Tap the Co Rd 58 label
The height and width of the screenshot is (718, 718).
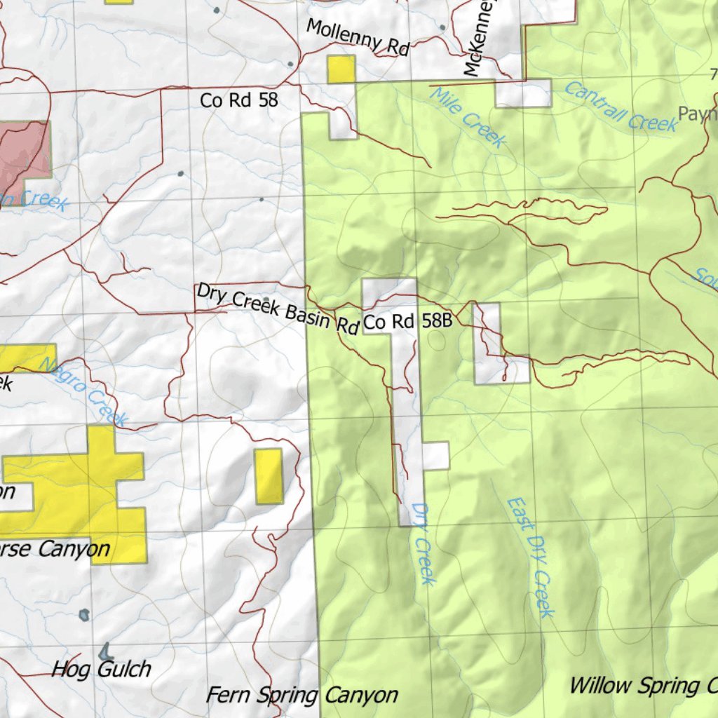coord(239,100)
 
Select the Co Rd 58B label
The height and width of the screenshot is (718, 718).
coord(406,323)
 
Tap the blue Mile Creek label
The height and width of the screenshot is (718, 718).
coord(467,117)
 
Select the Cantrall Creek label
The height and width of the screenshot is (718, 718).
coord(621,107)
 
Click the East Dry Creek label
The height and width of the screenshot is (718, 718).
coord(531,557)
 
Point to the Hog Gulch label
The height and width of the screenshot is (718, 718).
coord(101,669)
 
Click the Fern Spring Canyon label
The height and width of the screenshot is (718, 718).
coord(302,695)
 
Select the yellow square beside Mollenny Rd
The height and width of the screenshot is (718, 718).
coord(341,69)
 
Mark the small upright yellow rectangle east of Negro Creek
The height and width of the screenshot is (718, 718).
coord(269,476)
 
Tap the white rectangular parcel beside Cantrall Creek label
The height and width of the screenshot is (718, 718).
coord(522,93)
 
